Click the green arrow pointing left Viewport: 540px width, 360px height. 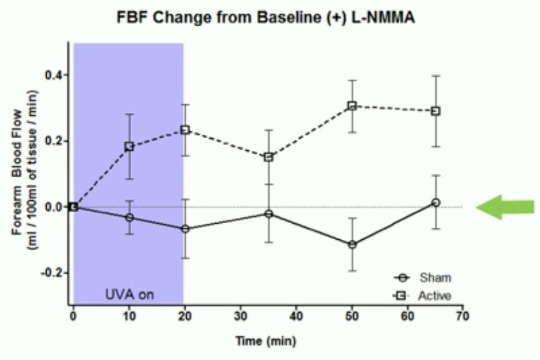coord(505,207)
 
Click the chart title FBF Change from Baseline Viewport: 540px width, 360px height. coord(266,18)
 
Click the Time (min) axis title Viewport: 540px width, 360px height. coord(265,341)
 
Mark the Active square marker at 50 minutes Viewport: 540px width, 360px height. coord(352,106)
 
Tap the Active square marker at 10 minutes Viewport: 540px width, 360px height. coord(129,146)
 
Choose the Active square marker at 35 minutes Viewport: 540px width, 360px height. coord(269,157)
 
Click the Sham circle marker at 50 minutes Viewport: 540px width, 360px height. coord(352,244)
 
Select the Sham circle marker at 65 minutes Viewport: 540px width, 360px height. coord(436,202)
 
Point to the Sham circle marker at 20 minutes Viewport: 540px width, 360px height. coord(185,228)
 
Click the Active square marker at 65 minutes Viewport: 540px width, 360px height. coord(436,111)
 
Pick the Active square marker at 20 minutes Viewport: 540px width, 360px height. coord(185,130)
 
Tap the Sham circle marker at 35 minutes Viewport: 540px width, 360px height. coord(269,214)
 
